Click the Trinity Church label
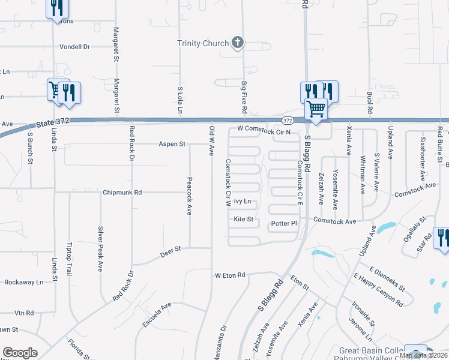pos(203,43)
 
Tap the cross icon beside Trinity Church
pos(238,43)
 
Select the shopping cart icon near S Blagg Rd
pos(316,109)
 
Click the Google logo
pos(20,353)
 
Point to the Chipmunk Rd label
pos(122,193)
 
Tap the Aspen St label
pos(173,144)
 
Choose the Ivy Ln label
pos(243,202)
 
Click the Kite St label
pos(244,220)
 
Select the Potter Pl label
pos(284,223)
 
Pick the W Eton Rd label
pos(231,275)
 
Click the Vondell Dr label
pos(74,46)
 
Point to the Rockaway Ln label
pos(24,282)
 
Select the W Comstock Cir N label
pos(264,130)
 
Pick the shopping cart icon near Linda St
pos(56,90)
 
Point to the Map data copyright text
pos(424,355)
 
